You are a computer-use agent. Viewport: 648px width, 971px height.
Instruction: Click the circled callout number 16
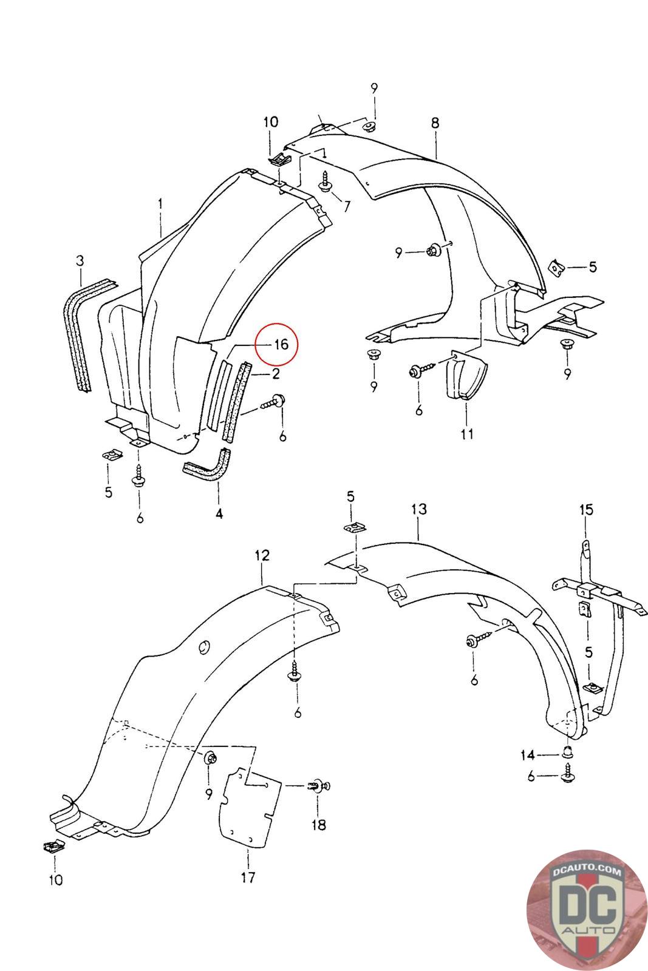click(x=281, y=345)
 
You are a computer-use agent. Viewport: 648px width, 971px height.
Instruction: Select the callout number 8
click(x=435, y=123)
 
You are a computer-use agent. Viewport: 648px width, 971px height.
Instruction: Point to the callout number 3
click(x=80, y=260)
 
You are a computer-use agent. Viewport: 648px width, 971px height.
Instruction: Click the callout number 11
click(x=467, y=434)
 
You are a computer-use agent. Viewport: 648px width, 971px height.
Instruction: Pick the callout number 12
click(x=262, y=555)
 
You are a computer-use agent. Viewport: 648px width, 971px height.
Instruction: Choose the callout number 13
click(x=419, y=509)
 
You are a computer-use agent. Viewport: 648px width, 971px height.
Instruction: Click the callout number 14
click(x=527, y=755)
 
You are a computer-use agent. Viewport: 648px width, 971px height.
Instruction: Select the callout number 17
click(x=248, y=876)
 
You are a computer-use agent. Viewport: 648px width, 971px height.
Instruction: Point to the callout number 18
click(x=318, y=824)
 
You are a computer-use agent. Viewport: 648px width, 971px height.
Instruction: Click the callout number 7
click(x=346, y=206)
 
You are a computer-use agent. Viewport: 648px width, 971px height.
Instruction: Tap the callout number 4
click(x=219, y=513)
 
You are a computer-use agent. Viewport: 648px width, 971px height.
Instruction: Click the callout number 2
click(x=276, y=374)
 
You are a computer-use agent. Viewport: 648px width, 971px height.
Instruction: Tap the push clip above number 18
click(x=318, y=786)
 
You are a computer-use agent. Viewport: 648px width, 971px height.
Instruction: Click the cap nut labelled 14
click(x=566, y=753)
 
